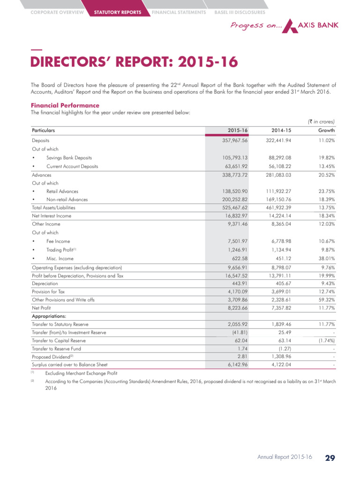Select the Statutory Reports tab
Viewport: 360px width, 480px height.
click(117, 12)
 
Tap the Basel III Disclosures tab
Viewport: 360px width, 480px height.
click(239, 12)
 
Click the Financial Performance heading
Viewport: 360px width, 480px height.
click(65, 105)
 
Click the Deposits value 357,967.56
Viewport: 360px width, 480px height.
click(234, 140)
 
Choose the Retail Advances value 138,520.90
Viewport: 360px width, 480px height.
click(234, 191)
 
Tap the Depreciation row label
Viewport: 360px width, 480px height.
click(45, 284)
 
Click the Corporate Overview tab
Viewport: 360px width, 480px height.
click(57, 12)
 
